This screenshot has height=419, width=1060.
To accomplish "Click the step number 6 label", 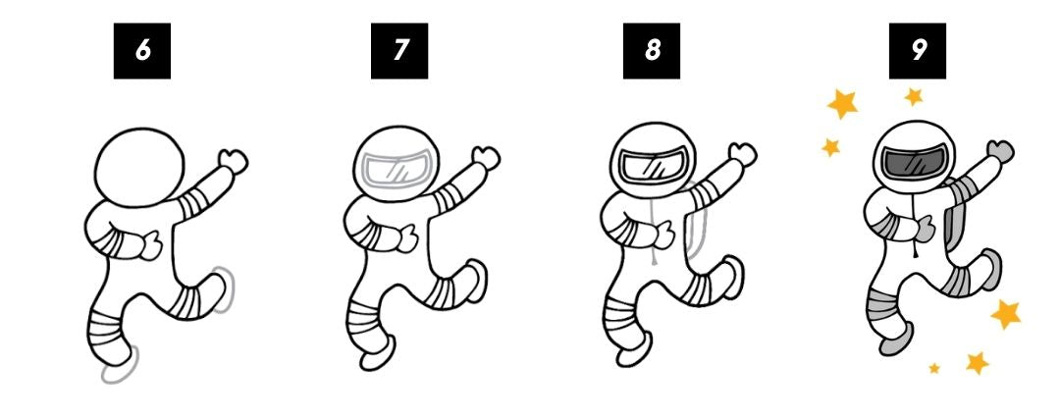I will (x=142, y=50).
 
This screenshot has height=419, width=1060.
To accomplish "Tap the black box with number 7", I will (x=399, y=50).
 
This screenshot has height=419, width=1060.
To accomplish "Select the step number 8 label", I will (x=652, y=50).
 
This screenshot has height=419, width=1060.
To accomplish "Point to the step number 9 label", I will (x=918, y=50).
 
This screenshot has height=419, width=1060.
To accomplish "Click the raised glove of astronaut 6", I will (x=233, y=159).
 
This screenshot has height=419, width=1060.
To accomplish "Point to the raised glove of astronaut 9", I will (x=998, y=151).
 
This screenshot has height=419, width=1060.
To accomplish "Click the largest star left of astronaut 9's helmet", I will (x=842, y=102).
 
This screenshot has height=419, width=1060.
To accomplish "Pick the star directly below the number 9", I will (x=914, y=96).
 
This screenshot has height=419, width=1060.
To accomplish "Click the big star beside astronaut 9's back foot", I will (x=1006, y=314).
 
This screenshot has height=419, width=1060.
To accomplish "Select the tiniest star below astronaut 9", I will (x=934, y=368).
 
